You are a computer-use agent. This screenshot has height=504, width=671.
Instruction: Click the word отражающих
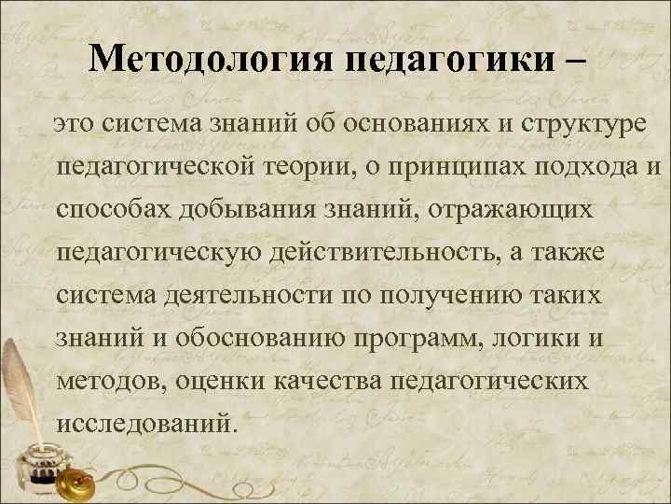point(511,210)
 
